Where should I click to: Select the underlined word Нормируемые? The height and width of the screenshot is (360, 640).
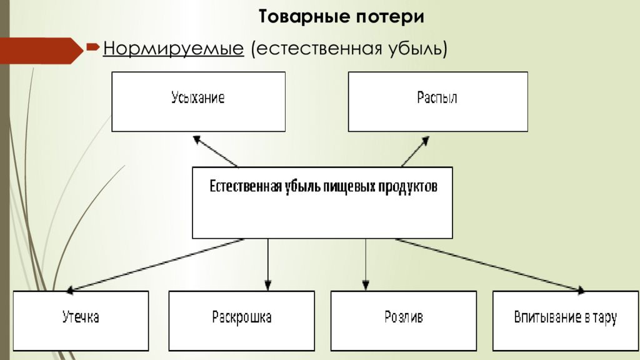pos(174,49)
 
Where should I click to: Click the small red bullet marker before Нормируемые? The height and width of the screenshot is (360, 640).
pos(93,47)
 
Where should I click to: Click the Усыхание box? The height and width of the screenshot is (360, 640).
pos(198,102)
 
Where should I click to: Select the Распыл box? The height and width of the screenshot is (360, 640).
pos(438,102)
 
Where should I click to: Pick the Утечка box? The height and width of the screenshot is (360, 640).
pos(81,321)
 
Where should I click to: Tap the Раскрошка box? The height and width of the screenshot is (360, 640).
pos(242,321)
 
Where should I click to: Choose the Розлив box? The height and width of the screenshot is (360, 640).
pos(404,321)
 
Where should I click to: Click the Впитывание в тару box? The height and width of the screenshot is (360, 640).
pos(566,321)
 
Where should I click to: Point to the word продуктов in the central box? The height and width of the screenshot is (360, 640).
pos(407,187)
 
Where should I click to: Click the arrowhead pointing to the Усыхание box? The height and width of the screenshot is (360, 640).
pos(197,139)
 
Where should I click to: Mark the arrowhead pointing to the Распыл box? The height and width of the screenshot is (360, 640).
pos(425,141)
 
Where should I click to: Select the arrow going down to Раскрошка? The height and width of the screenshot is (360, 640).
pos(267,264)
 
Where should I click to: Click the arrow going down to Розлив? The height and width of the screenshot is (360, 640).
pos(366,264)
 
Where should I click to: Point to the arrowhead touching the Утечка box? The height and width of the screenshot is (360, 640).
pos(70,290)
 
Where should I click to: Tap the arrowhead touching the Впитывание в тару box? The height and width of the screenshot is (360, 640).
pos(581,290)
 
